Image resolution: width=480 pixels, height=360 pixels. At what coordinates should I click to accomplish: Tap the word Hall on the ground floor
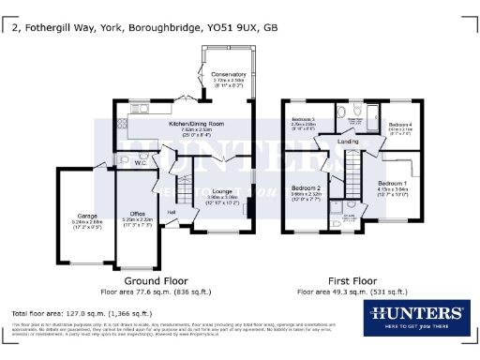tap(172, 213)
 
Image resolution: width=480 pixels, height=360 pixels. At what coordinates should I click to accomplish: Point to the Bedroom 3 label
tap(302, 120)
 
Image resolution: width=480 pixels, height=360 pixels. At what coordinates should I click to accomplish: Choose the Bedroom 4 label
tap(400, 125)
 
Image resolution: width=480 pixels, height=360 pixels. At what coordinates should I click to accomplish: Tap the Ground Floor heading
tap(156, 280)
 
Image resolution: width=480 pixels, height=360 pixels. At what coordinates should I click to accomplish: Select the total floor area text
tap(81, 312)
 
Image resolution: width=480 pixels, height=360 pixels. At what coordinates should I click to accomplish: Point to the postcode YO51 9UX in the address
tap(222, 28)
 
